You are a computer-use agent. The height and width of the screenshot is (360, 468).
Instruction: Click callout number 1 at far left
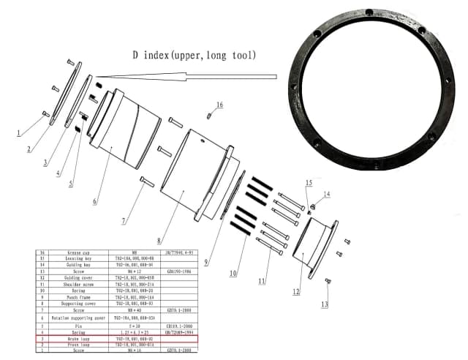[18, 134]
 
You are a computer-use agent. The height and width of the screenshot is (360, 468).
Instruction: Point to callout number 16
[219, 105]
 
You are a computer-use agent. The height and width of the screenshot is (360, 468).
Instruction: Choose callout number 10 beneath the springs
[233, 274]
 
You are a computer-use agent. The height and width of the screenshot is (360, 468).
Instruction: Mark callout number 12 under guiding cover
[296, 293]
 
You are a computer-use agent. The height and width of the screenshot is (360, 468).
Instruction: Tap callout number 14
[327, 194]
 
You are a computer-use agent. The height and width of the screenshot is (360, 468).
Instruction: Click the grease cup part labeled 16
[209, 115]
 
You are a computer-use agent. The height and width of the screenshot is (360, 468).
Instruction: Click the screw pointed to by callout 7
[146, 181]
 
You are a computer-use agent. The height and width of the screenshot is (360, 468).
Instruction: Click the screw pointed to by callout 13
[328, 281]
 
